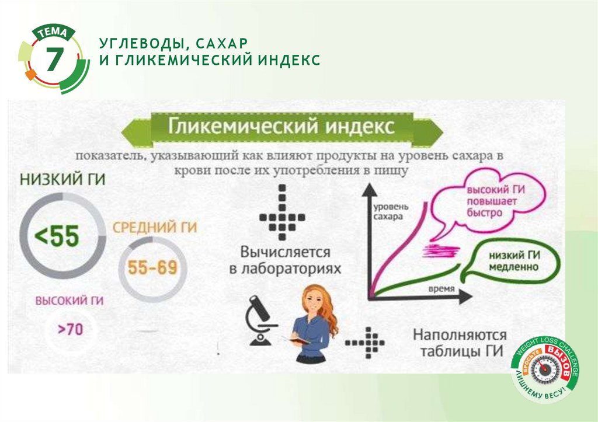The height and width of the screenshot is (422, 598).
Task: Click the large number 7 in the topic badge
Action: click(x=54, y=61)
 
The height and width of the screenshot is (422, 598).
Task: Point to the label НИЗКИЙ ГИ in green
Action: click(x=62, y=180)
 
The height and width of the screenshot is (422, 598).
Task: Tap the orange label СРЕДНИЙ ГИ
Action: click(x=154, y=227)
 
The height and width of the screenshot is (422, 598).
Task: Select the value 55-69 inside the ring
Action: click(x=152, y=268)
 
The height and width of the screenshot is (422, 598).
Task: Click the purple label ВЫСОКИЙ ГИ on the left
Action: click(x=69, y=301)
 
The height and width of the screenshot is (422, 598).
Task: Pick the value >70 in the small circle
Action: click(x=70, y=329)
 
